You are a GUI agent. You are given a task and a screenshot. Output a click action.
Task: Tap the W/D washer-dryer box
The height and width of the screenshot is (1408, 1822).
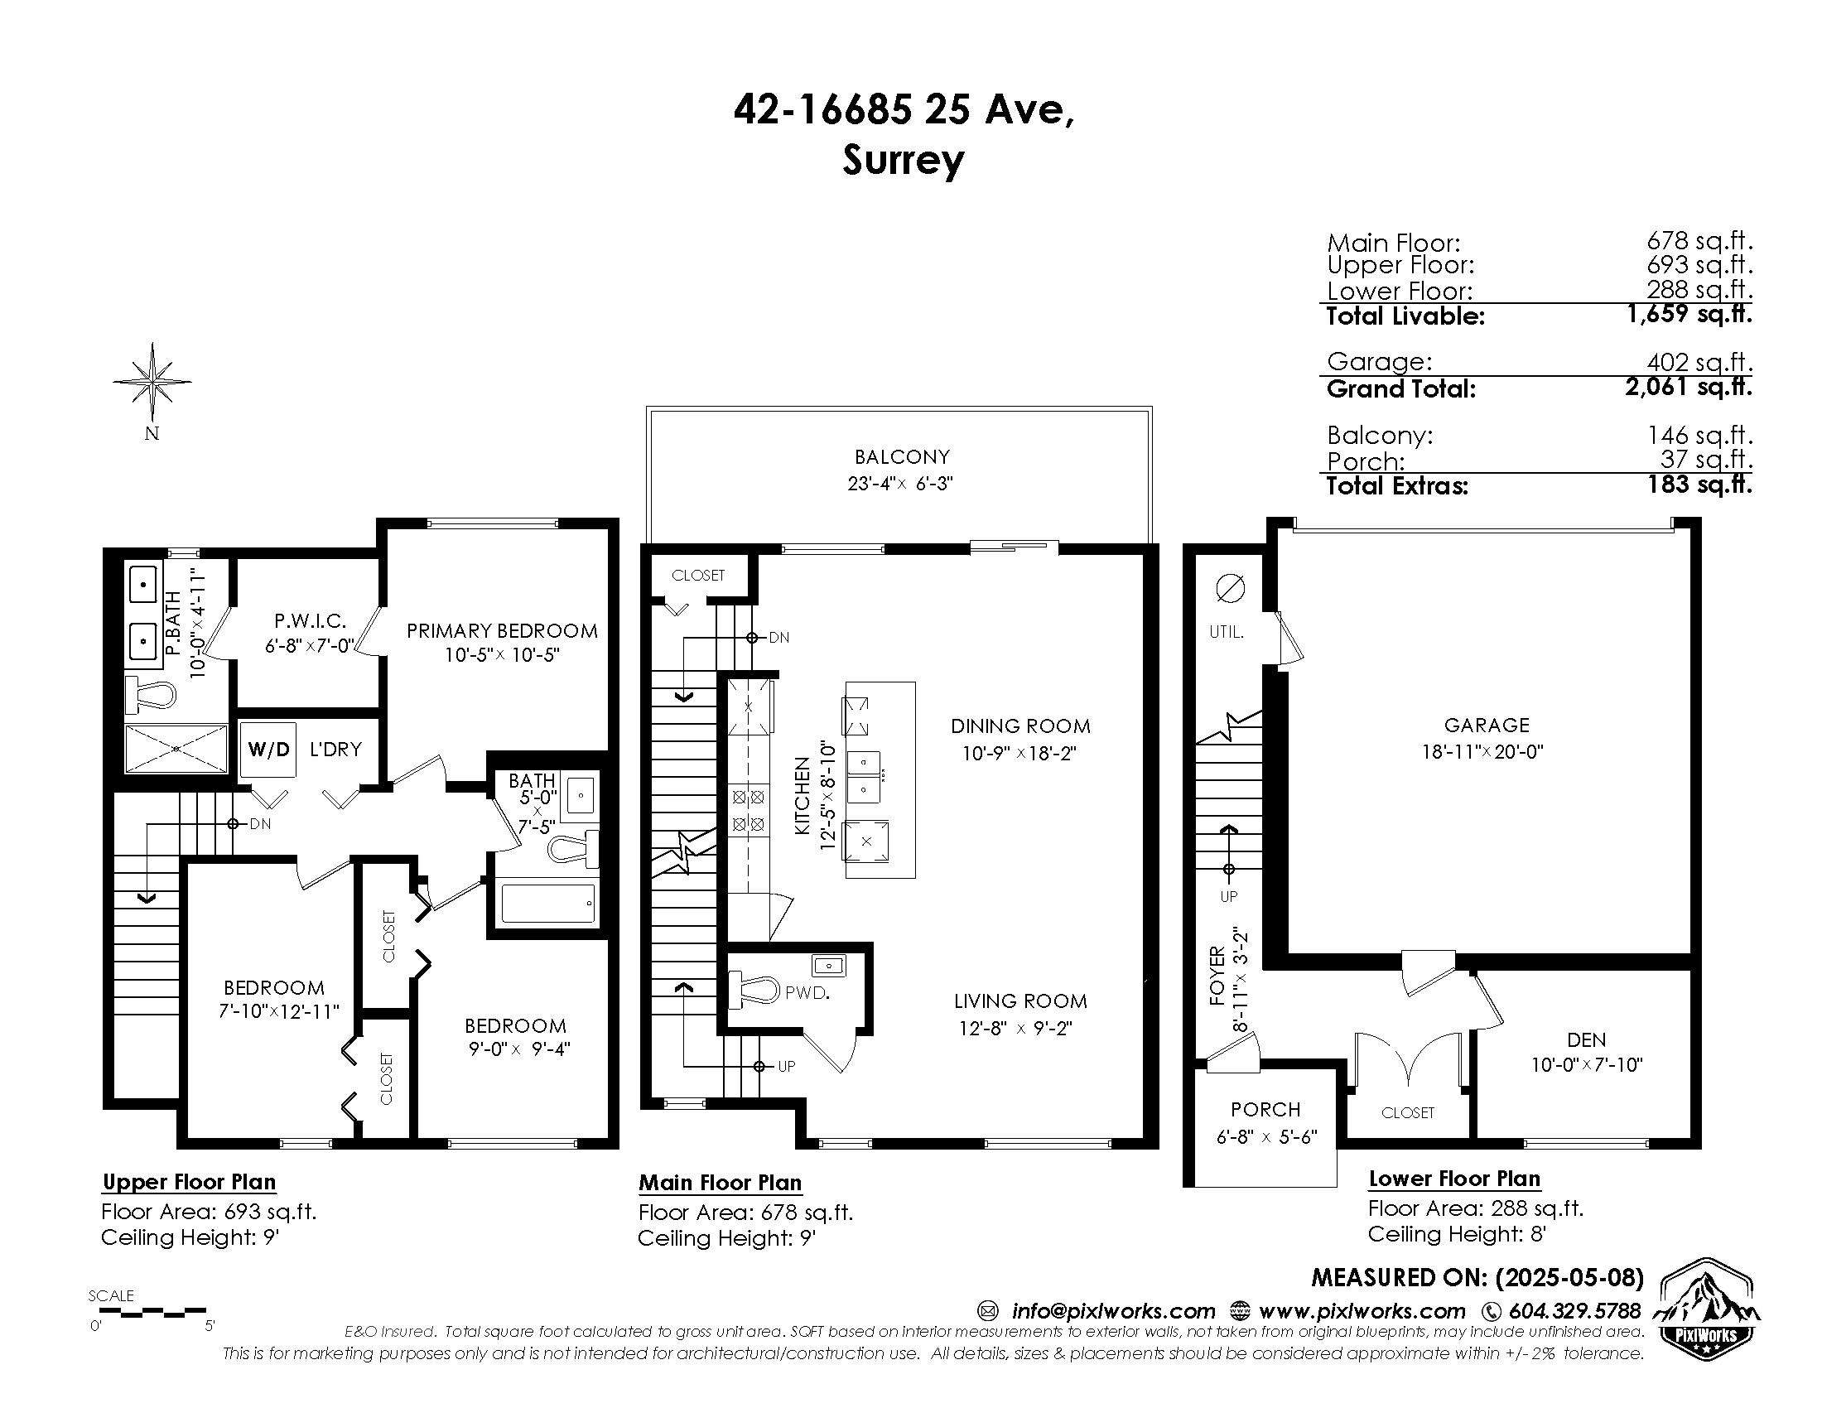pos(268,749)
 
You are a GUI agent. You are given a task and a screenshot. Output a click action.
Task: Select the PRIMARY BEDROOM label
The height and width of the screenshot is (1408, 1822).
pos(502,630)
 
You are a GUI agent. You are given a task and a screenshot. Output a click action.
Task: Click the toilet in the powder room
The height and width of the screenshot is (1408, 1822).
pos(755,991)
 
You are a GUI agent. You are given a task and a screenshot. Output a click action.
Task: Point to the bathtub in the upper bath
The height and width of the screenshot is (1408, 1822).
pos(549,904)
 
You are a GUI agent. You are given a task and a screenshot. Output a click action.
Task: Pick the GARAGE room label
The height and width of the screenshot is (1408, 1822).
pos(1487,726)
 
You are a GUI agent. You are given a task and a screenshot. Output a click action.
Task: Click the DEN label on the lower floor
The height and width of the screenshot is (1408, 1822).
pos(1586,1040)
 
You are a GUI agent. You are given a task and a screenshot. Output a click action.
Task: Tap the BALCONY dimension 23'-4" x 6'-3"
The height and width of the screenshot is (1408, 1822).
pos(900,484)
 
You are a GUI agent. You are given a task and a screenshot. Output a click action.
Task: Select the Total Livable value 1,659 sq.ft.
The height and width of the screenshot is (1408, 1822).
pos(1689,314)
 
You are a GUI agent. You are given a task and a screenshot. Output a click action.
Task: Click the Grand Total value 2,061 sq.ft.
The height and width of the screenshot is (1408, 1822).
pos(1689,387)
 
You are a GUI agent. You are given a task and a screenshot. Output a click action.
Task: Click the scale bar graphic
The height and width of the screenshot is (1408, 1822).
pos(152,1312)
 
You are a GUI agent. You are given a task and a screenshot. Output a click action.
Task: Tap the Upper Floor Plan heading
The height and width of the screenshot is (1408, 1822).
pos(190,1182)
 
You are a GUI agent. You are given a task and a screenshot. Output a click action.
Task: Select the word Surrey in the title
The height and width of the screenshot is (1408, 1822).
pos(903,160)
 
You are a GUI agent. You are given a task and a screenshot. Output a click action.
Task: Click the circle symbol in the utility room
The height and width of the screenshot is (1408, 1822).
pos(1231,589)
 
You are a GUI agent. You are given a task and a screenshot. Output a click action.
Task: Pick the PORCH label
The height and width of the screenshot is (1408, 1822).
pos(1265,1109)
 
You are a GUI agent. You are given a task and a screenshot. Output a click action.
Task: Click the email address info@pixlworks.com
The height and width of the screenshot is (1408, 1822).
pos(1113,1311)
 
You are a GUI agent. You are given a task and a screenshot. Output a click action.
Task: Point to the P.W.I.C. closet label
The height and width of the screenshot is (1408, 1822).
pos(311,620)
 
